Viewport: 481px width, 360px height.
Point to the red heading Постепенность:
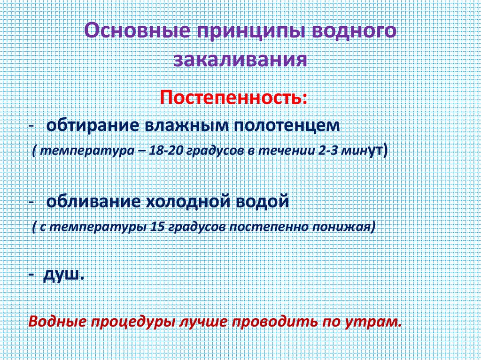point(234,99)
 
